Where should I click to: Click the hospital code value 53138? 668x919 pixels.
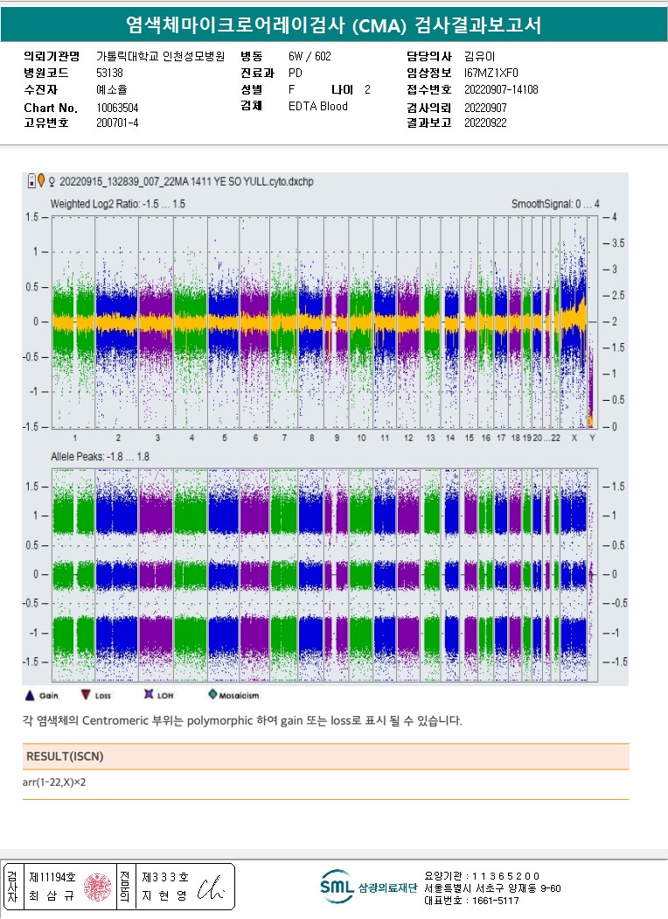coord(109,73)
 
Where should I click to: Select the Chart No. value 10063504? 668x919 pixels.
coord(117,108)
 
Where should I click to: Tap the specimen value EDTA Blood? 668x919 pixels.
coord(317,106)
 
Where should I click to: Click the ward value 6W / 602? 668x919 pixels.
coord(310,56)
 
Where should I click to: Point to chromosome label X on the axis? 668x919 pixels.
coord(574,437)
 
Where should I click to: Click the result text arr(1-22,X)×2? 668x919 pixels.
coord(54,782)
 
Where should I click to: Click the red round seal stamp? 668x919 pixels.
coord(98,886)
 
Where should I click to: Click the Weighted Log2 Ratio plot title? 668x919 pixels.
coord(117,204)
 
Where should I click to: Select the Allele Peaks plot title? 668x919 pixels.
coord(101,456)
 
